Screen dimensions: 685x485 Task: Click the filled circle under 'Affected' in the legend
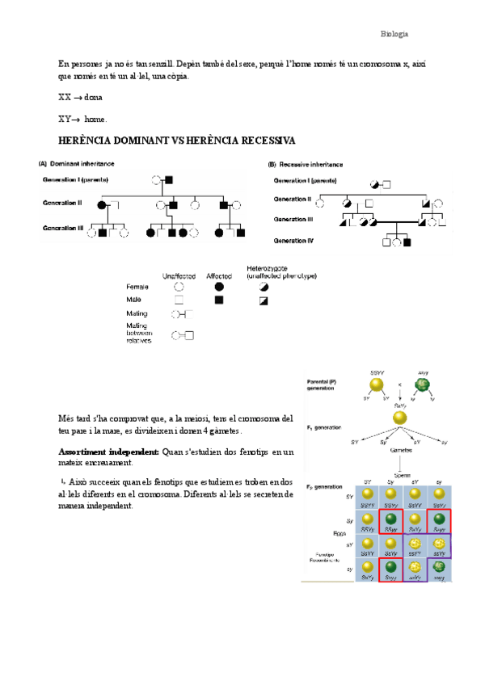coord(220,286)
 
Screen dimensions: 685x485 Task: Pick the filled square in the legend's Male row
coord(220,300)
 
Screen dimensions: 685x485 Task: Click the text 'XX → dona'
coord(80,97)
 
